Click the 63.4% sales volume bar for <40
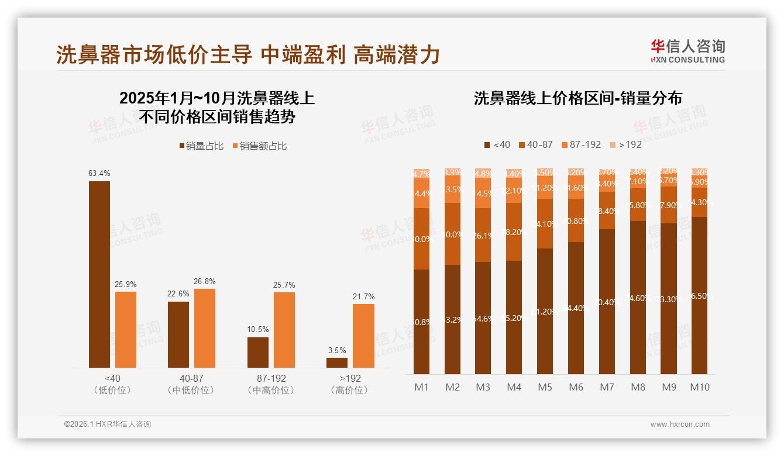99,274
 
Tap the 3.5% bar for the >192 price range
337,362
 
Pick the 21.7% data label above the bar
363,297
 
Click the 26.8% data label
205,282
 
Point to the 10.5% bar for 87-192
258,352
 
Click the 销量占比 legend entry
201,146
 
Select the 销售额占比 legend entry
260,146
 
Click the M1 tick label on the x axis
421,387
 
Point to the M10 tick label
700,387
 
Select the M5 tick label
545,387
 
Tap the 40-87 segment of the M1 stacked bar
421,239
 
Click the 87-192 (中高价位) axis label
271,384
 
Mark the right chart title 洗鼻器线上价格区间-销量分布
577,98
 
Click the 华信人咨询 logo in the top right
687,51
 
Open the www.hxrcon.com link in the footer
680,424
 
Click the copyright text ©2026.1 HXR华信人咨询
108,424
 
